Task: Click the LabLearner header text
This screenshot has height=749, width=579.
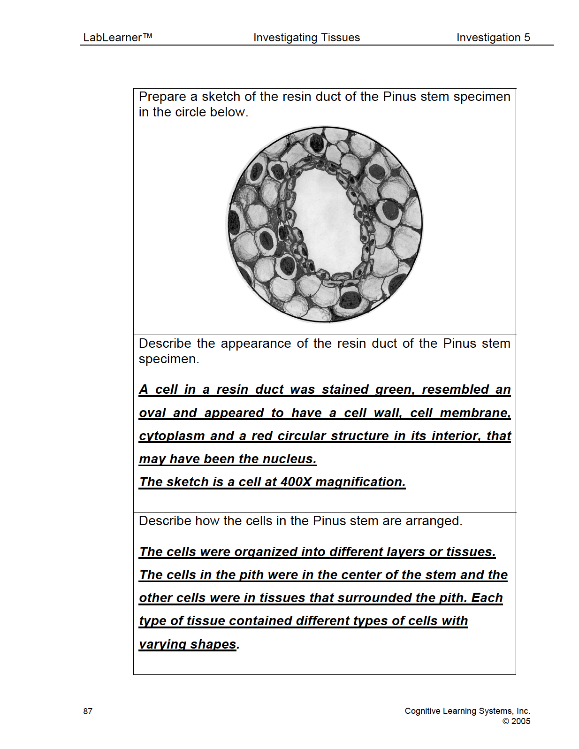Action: (x=117, y=38)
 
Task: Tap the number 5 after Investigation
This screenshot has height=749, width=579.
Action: (x=527, y=38)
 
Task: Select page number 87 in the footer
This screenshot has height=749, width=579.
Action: (x=88, y=711)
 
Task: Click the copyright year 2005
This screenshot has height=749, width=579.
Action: (x=520, y=721)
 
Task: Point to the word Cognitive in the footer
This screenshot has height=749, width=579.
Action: (x=423, y=711)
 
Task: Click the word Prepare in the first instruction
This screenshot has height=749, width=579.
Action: (x=162, y=97)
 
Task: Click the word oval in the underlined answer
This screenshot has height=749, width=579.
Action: (x=152, y=413)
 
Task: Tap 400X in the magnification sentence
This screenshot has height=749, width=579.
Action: (x=296, y=482)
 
